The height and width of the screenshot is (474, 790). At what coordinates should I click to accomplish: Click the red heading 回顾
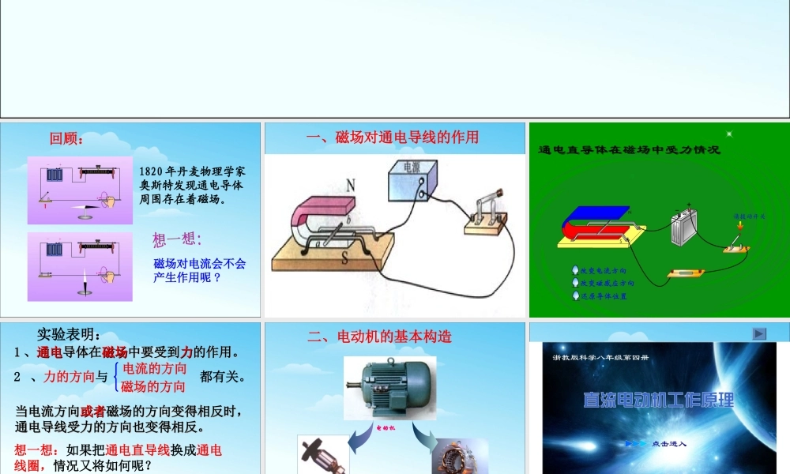[x=66, y=139]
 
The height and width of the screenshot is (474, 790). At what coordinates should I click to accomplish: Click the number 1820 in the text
[x=152, y=171]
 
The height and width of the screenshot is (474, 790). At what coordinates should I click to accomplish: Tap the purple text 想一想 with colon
[x=177, y=239]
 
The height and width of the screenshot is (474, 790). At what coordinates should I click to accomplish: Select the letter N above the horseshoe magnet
[x=351, y=186]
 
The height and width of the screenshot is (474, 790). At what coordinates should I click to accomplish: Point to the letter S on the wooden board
[x=345, y=258]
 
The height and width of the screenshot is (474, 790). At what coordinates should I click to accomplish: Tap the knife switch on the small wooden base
[x=484, y=213]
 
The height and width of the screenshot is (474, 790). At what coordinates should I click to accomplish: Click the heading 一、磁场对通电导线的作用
[x=392, y=137]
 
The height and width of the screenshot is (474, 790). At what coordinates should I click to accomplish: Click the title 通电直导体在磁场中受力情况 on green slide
[x=629, y=149]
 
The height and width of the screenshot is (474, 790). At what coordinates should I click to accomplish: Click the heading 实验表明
[x=69, y=334]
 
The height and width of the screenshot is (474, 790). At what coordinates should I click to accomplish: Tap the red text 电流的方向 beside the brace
[x=155, y=369]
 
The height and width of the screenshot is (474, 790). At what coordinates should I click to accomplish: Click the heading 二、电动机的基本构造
[x=379, y=337]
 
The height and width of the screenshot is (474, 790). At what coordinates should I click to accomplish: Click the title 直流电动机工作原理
[x=658, y=399]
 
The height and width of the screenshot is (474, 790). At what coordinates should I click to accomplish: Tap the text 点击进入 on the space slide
[x=669, y=444]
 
